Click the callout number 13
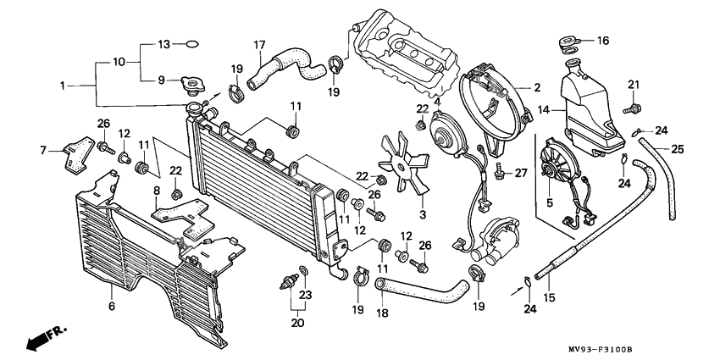(164, 43)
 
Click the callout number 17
(259, 44)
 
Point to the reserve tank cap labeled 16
(569, 42)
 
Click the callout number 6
(111, 306)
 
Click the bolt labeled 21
(633, 108)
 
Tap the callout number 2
(536, 87)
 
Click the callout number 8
(156, 191)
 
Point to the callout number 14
(545, 109)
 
